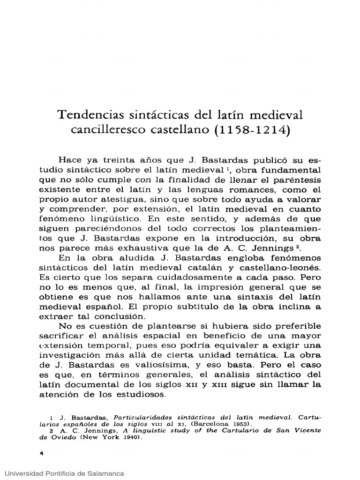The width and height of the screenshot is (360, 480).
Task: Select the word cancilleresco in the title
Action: pos(105,130)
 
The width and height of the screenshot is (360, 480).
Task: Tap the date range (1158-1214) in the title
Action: pos(253,130)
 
